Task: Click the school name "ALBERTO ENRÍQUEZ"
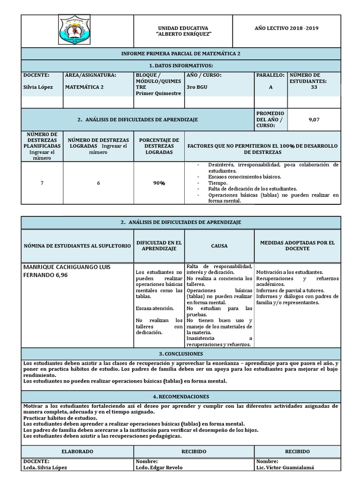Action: tap(183, 35)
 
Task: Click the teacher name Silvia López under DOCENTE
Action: tap(36, 87)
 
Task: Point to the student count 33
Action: tap(321, 87)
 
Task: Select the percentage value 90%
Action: tap(159, 183)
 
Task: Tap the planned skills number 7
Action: tap(42, 183)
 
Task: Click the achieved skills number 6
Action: tap(98, 183)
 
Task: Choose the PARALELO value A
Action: tap(270, 87)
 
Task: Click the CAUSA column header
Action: tap(219, 245)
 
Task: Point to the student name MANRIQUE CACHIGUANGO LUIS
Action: tap(67, 267)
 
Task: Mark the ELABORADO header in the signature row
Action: tap(77, 451)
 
